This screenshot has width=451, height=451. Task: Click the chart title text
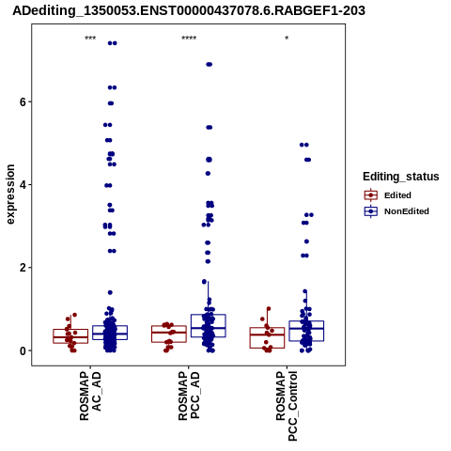[x=189, y=11]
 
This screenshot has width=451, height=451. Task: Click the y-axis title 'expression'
[x=10, y=194]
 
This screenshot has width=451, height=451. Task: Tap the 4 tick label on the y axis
[x=23, y=185]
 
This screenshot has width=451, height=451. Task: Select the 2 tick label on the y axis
[x=23, y=268]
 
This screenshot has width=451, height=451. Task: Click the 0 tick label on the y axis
[x=23, y=350]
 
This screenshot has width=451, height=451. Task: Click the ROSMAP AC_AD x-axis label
[x=90, y=396]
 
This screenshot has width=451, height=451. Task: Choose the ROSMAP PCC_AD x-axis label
[x=189, y=396]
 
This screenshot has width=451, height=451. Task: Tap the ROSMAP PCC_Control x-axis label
[x=287, y=406]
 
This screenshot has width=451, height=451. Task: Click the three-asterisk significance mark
[x=90, y=39]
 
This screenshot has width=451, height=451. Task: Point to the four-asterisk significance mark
[x=189, y=39]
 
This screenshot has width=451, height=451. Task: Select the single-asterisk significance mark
[x=287, y=39]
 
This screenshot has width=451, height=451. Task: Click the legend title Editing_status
[x=401, y=177]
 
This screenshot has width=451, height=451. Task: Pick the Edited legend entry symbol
[x=371, y=195]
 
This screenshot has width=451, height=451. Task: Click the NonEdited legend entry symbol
[x=371, y=211]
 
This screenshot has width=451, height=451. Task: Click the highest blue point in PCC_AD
[x=209, y=65]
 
